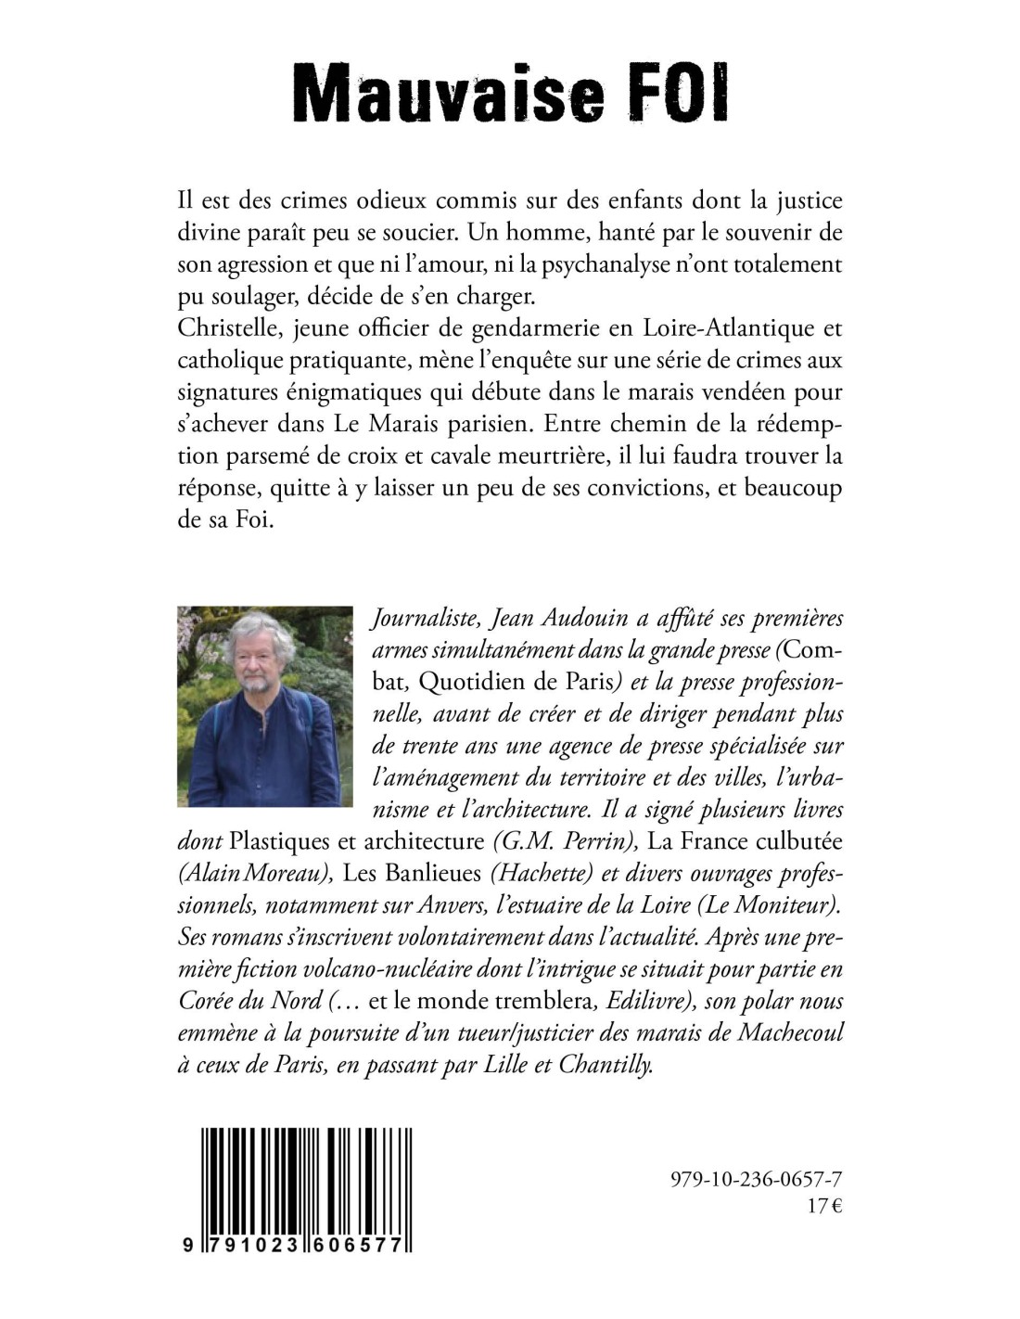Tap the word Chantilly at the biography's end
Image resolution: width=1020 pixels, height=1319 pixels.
tap(606, 1065)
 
